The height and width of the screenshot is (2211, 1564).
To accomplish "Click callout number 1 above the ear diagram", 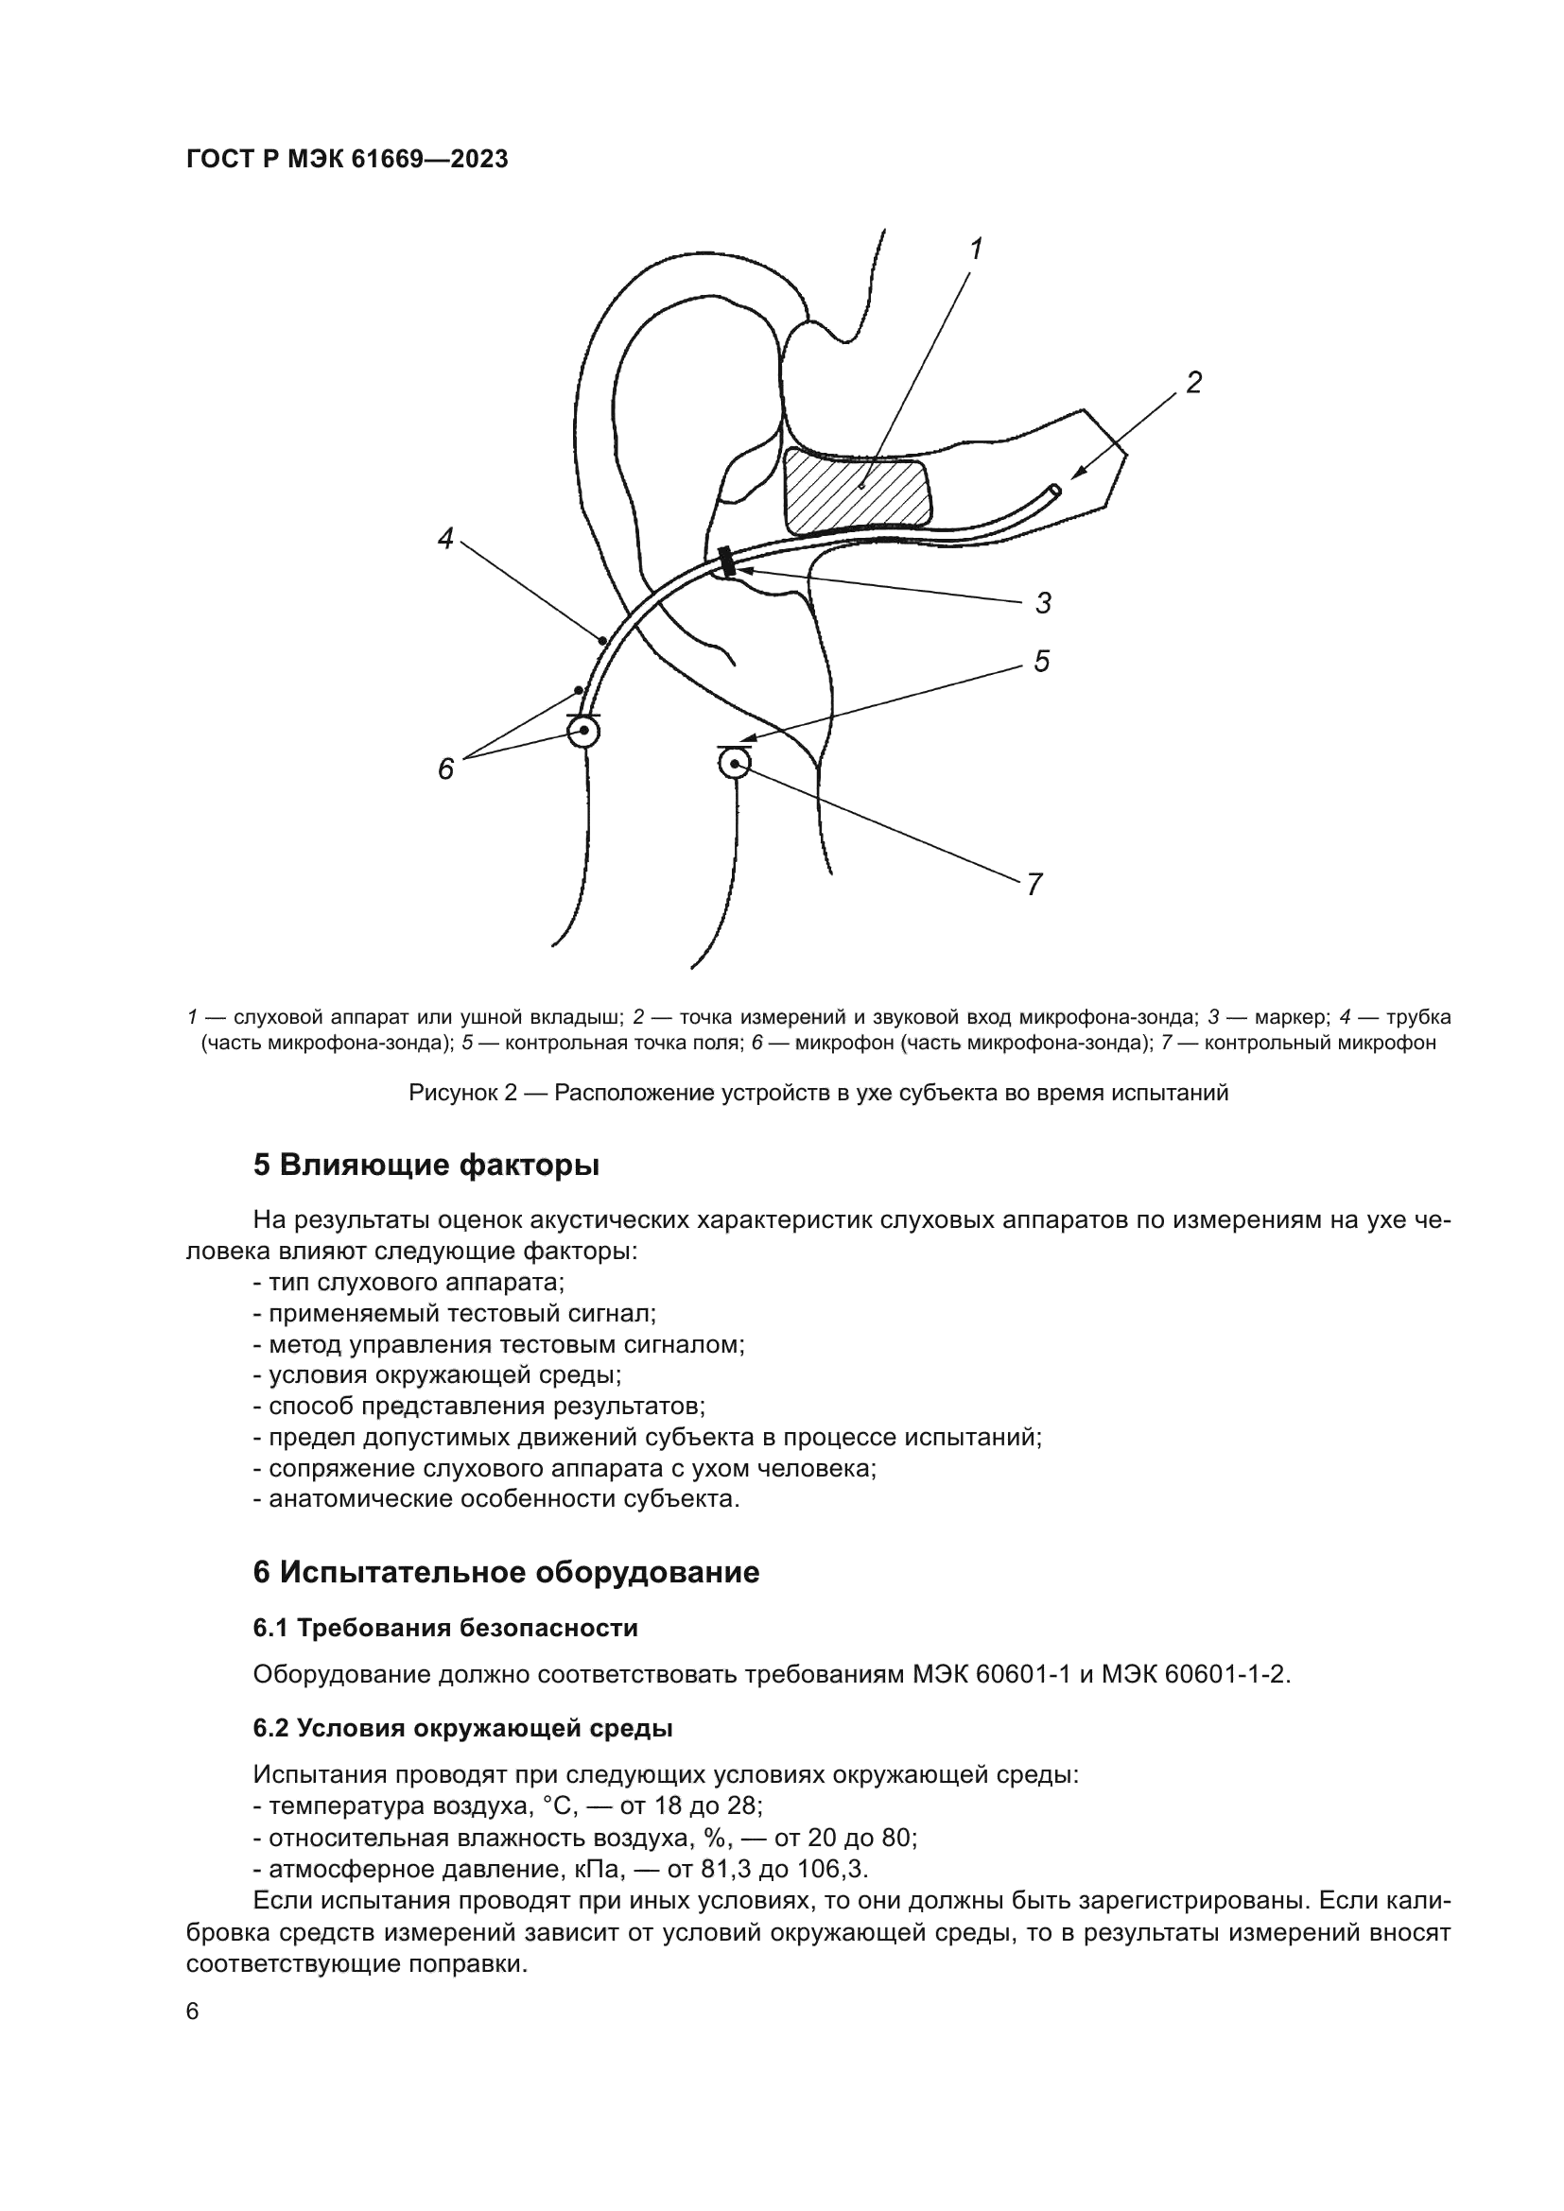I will [976, 250].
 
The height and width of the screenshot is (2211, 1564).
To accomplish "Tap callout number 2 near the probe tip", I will [1193, 383].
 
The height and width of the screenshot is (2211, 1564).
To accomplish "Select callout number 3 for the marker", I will [1043, 604].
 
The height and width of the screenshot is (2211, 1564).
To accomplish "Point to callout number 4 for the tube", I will [445, 538].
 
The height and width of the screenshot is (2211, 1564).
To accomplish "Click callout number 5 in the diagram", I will [1041, 662].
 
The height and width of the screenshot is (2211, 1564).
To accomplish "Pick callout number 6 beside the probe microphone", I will [446, 769].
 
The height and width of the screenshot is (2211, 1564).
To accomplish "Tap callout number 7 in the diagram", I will [1034, 884].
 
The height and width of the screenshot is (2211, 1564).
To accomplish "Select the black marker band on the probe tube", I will [727, 561].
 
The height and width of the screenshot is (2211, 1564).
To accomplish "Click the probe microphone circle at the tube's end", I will [583, 732].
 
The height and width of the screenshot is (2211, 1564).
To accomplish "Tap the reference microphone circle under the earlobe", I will [734, 765].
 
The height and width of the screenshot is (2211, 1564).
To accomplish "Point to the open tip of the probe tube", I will [1054, 492].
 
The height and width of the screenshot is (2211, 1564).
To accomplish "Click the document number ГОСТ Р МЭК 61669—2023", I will [347, 160].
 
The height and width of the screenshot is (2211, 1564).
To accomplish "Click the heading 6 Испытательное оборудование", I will [506, 1573].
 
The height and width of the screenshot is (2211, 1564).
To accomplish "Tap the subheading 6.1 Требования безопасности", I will [445, 1629].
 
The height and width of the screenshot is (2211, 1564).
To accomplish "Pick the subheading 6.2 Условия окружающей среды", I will [462, 1729].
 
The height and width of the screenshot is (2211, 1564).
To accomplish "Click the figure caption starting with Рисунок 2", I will [818, 1093].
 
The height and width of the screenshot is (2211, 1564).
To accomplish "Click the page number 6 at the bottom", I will [193, 2012].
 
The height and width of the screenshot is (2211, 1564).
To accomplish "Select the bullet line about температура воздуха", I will [508, 1805].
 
